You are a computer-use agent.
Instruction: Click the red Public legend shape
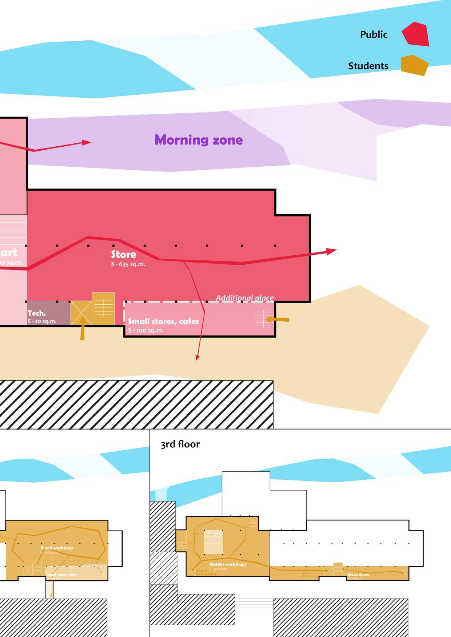[x=416, y=34]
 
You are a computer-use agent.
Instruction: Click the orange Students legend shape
[x=414, y=65]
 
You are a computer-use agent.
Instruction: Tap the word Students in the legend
[x=368, y=66]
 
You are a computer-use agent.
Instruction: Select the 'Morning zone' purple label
[x=199, y=140]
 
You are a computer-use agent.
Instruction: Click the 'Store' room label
[x=124, y=254]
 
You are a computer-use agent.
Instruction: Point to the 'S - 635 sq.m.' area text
[x=128, y=264]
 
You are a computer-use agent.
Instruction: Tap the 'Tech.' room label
[x=37, y=313]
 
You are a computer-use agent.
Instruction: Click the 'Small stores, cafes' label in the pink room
[x=163, y=321]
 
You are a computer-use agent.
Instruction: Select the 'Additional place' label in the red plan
[x=244, y=298]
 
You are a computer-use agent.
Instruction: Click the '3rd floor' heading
[x=180, y=444]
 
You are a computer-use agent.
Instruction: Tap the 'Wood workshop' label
[x=56, y=548]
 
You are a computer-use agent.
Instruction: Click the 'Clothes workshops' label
[x=228, y=564]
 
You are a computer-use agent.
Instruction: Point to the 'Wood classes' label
[x=358, y=575]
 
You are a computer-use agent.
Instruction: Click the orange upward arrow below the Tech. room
[x=83, y=329]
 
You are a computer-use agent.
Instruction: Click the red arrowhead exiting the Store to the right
[x=331, y=251]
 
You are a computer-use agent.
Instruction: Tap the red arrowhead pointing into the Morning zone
[x=86, y=142]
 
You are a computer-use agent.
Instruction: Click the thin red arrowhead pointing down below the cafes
[x=197, y=358]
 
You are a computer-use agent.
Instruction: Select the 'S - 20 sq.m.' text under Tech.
[x=42, y=321]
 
